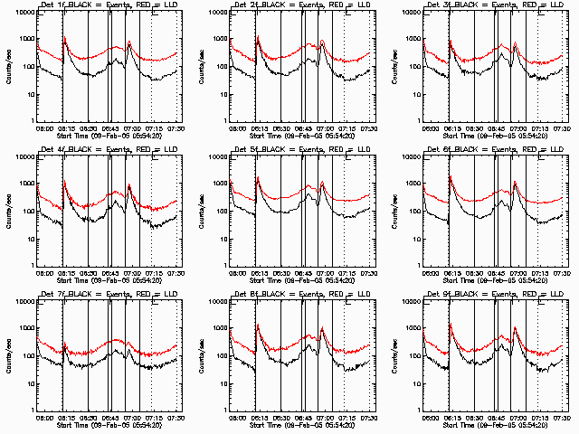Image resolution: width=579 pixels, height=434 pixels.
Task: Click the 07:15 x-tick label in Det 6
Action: point(539,273)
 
